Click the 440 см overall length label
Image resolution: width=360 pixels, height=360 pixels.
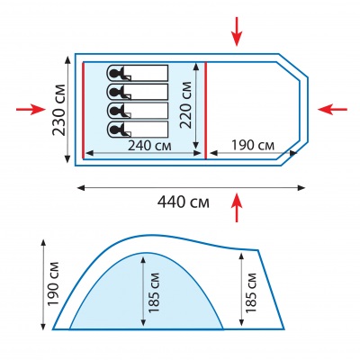[x=184, y=202]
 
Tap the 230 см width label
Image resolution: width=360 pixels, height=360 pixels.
[x=59, y=111]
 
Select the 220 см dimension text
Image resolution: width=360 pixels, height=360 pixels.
[x=186, y=104]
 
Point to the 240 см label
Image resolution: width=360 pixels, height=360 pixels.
[x=149, y=146]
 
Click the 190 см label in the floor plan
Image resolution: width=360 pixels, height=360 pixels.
[x=253, y=146]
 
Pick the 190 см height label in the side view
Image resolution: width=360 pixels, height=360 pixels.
[x=54, y=284]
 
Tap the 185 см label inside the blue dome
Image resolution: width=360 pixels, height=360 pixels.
[x=154, y=292]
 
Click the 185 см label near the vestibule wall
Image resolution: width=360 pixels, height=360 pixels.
[x=251, y=292]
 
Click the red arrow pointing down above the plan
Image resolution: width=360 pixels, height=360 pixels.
[x=237, y=31]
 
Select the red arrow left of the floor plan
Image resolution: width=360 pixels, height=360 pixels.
[x=31, y=110]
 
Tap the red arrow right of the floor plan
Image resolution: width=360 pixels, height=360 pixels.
[x=332, y=110]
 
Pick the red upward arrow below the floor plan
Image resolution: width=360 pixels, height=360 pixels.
[x=237, y=208]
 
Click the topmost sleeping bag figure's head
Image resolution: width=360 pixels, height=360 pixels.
[x=114, y=73]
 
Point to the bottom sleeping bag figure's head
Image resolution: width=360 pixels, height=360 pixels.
[x=114, y=130]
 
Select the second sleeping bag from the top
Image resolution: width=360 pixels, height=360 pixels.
[x=138, y=92]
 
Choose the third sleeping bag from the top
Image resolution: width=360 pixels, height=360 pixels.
[x=138, y=111]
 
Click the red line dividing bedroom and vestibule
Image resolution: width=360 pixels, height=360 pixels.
[x=206, y=111]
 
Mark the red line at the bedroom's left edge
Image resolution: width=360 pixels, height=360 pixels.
[x=83, y=110]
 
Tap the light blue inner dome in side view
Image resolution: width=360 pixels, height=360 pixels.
[x=147, y=297]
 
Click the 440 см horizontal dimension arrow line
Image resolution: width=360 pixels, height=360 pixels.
[x=192, y=188]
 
